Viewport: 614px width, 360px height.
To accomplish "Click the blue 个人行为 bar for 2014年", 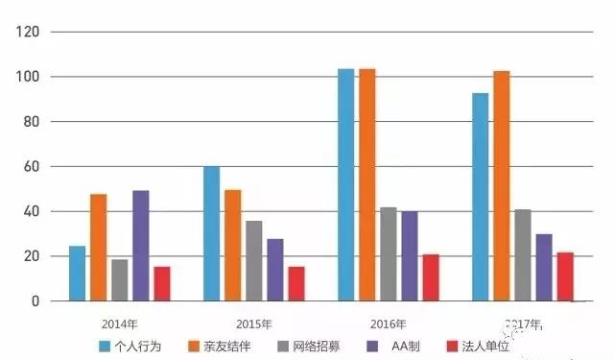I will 77,274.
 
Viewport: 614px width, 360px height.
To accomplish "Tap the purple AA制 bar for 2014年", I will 141,246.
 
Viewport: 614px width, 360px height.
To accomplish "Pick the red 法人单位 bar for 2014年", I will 162,284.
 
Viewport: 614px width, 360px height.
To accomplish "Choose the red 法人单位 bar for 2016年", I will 431,277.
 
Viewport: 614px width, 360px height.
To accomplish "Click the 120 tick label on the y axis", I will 32,32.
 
